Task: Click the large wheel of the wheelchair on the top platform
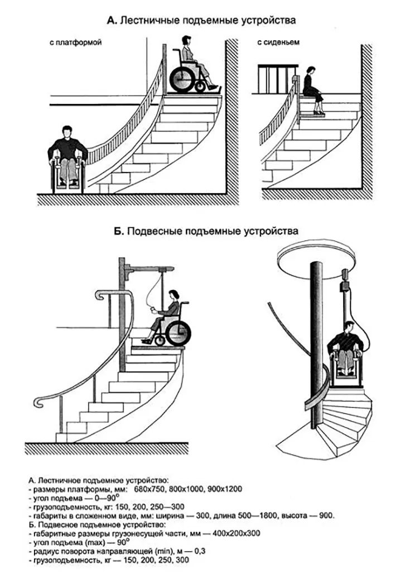(185, 78)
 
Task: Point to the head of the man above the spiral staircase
(349, 327)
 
